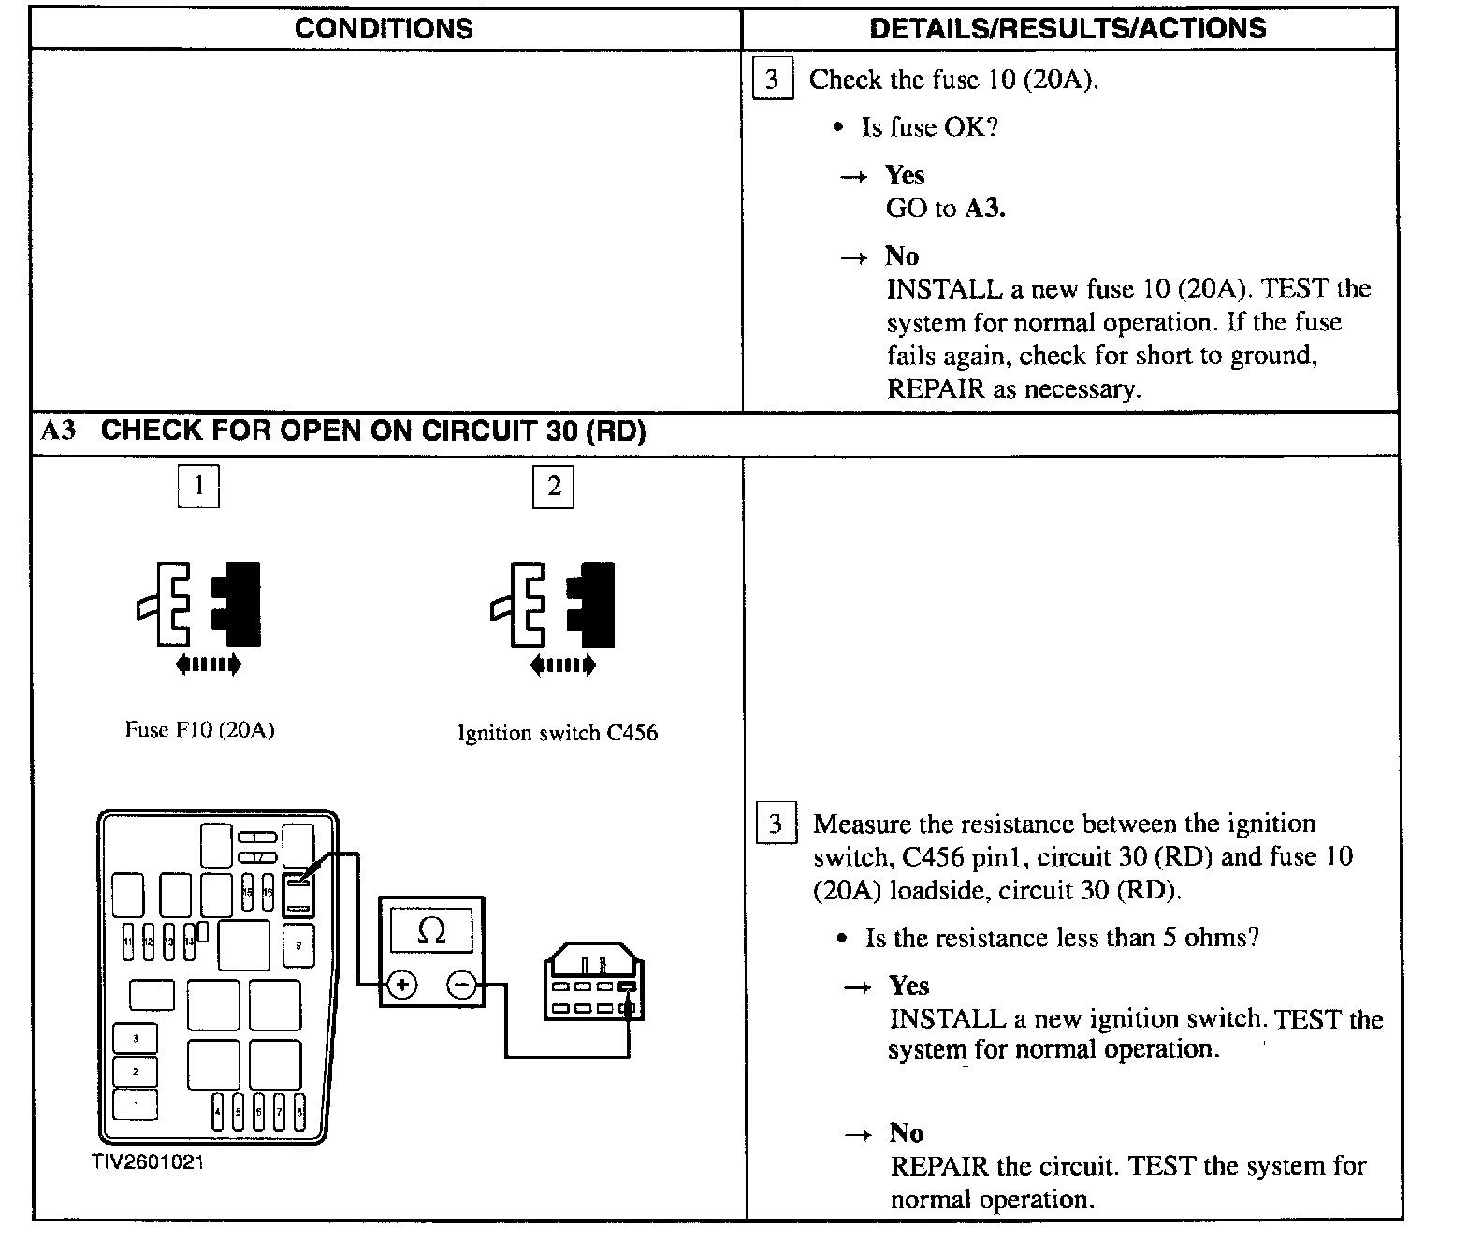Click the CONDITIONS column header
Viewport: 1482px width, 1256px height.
(x=384, y=28)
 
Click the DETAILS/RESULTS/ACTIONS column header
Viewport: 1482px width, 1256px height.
(x=1068, y=28)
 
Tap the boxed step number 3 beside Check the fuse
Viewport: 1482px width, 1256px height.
(x=772, y=79)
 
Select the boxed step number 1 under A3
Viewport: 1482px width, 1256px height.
(x=198, y=487)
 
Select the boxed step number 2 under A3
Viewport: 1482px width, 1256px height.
(x=553, y=487)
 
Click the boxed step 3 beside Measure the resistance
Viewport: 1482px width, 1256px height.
(x=776, y=824)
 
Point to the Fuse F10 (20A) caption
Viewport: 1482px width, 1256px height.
(x=199, y=730)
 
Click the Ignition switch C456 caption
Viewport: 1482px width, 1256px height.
(x=558, y=733)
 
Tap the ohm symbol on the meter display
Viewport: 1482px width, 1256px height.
(x=431, y=930)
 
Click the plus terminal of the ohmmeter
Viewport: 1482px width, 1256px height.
(x=402, y=985)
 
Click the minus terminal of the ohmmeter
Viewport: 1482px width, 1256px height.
(x=461, y=985)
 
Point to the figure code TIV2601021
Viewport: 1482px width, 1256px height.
(x=147, y=1163)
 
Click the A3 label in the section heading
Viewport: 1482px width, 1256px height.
(x=58, y=431)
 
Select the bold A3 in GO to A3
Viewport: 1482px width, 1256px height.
(x=984, y=209)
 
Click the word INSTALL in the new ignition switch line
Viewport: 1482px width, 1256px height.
(x=946, y=1018)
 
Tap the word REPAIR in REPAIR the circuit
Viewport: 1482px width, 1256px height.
(x=938, y=1167)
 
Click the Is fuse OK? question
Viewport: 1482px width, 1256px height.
(x=929, y=127)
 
